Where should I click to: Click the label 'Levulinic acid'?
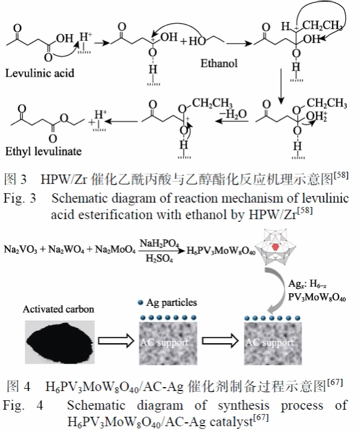(40, 72)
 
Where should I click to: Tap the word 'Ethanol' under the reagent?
(218, 63)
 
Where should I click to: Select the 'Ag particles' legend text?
(172, 303)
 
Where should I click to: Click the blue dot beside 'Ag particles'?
(141, 303)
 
